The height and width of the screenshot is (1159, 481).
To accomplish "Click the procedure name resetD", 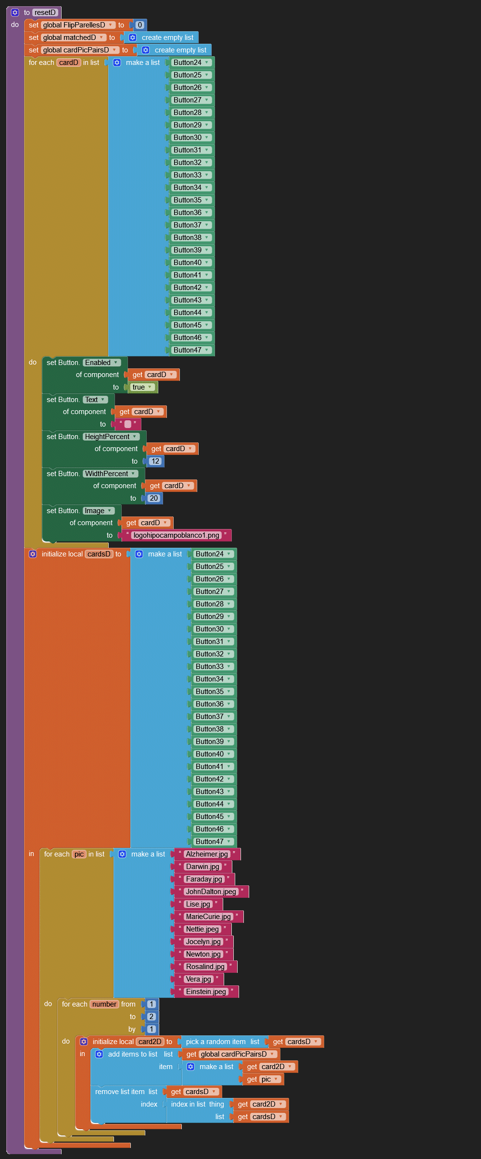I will coord(45,13).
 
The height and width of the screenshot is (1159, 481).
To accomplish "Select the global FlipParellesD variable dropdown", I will coord(77,25).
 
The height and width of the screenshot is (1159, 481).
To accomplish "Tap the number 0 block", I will coord(140,25).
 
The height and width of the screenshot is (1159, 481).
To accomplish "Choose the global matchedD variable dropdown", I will coord(73,38).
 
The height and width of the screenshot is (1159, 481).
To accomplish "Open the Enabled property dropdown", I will coord(101,363).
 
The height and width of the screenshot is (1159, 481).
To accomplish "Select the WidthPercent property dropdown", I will coord(110,474).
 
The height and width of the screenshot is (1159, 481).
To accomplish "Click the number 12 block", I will coord(155,461).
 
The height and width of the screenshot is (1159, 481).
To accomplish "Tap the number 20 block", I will coord(153,498).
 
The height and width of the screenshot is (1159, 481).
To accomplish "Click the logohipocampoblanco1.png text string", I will coord(176,535).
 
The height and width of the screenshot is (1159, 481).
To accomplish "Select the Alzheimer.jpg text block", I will coord(207,854).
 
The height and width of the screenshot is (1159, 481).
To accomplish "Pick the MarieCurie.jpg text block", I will coord(208,917).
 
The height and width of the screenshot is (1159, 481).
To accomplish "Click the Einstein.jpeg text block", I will coord(206,992).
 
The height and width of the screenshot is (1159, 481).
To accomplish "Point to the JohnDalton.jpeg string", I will coord(211,892).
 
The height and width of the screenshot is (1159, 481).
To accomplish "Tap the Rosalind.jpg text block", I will coord(205,967).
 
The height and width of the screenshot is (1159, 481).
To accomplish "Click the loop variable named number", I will coord(104,1004).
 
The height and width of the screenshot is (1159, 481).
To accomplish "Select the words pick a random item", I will coord(215,1042).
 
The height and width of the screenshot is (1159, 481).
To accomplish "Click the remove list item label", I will coord(120,1092).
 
